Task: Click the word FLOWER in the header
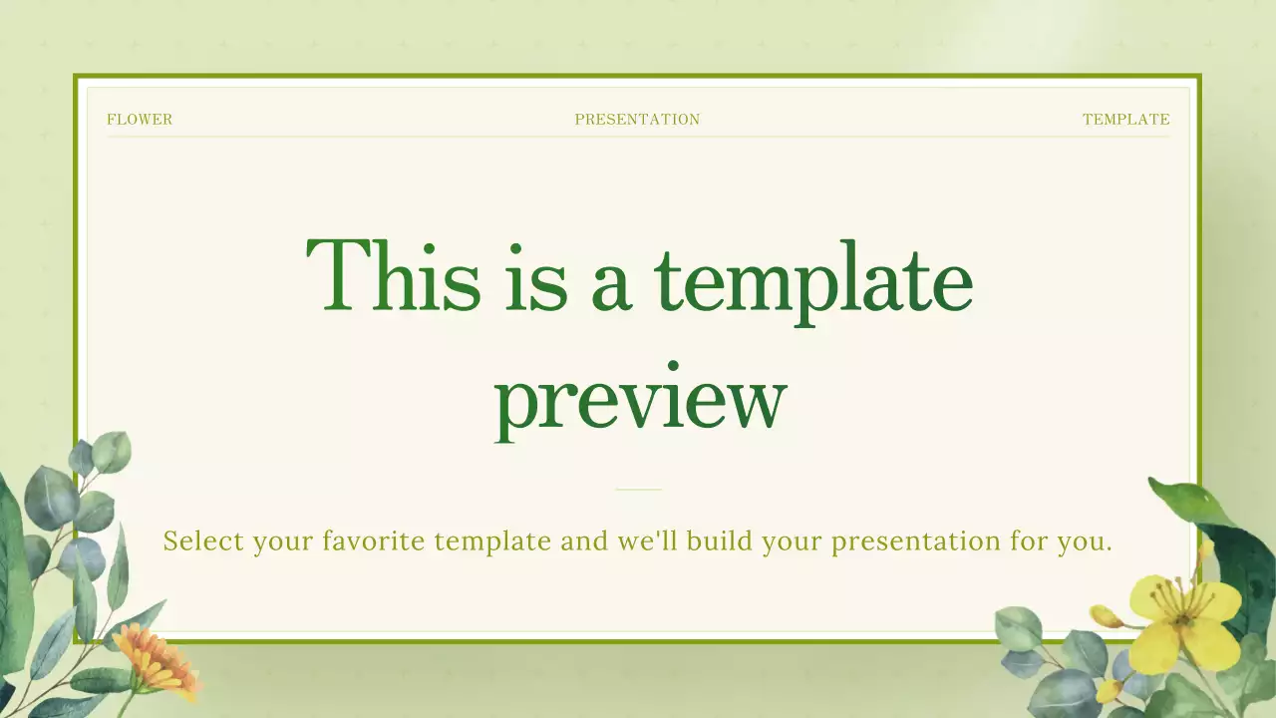(x=140, y=120)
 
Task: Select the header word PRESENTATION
(x=637, y=120)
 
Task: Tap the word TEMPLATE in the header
(x=1125, y=120)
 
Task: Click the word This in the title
(x=393, y=276)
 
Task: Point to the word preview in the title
(x=640, y=399)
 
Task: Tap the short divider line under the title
(x=638, y=490)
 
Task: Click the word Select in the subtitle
(x=203, y=541)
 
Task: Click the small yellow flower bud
(x=1106, y=616)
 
